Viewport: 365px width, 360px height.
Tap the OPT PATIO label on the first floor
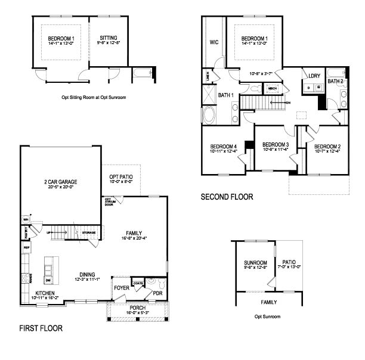(x=120, y=177)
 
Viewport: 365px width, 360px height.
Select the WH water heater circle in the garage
(x=26, y=219)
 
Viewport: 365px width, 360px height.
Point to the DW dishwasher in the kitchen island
(x=48, y=280)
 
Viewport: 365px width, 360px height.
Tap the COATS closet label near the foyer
(x=138, y=283)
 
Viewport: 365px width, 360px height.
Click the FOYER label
(x=121, y=288)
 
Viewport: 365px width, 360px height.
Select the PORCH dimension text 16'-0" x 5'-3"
(x=138, y=312)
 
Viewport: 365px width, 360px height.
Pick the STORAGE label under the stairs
(x=89, y=233)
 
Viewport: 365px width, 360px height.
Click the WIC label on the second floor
(x=214, y=42)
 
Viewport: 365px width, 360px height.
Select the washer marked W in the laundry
(x=318, y=87)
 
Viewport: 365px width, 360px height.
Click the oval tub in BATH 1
(x=211, y=114)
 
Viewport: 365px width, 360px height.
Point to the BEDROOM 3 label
(x=276, y=144)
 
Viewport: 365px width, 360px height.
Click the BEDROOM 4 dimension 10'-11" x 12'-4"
(x=224, y=151)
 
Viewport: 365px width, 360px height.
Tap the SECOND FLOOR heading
(x=227, y=196)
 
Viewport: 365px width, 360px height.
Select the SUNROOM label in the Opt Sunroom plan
(x=255, y=262)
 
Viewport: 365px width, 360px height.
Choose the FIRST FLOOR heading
(x=41, y=328)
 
